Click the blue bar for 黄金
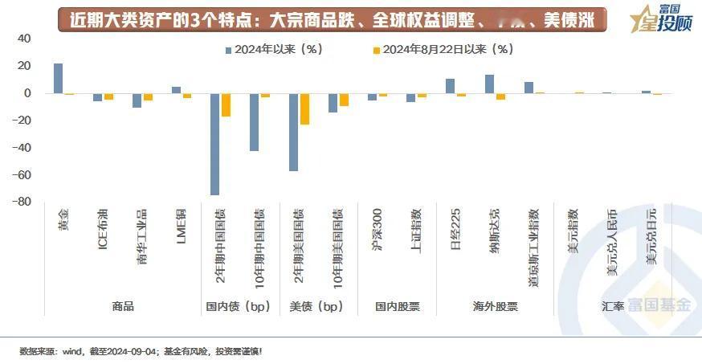[x=58, y=78]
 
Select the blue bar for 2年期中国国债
[x=215, y=144]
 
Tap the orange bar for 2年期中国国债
[x=226, y=105]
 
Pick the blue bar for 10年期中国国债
[x=254, y=122]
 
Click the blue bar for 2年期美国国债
[x=293, y=132]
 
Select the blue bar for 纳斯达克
[x=489, y=84]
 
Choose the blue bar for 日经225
[x=450, y=86]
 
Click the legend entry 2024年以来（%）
[x=273, y=50]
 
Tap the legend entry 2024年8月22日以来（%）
[x=442, y=50]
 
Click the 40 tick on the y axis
[x=24, y=39]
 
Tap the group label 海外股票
[x=495, y=306]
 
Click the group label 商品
[x=122, y=306]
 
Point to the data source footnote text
[x=141, y=351]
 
